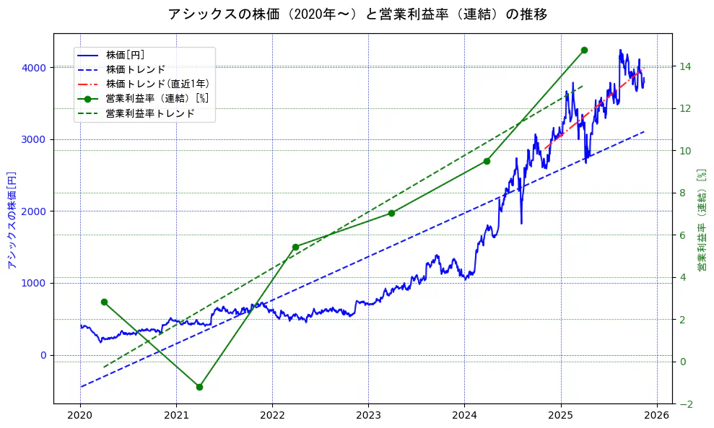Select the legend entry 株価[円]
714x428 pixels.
pos(125,55)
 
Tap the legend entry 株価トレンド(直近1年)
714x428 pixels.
pos(157,84)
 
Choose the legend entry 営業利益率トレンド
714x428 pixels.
pos(150,113)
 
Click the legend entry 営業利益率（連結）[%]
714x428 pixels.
pos(157,98)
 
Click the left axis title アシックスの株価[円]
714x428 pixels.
pos(12,219)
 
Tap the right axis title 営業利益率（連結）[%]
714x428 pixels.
pos(701,219)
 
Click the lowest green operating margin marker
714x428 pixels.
pos(199,387)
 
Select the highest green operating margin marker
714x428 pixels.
pos(584,50)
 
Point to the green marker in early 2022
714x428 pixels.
pos(295,247)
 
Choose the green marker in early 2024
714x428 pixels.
pos(487,161)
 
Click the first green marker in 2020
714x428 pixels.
pos(104,302)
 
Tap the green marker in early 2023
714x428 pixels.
pos(391,213)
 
